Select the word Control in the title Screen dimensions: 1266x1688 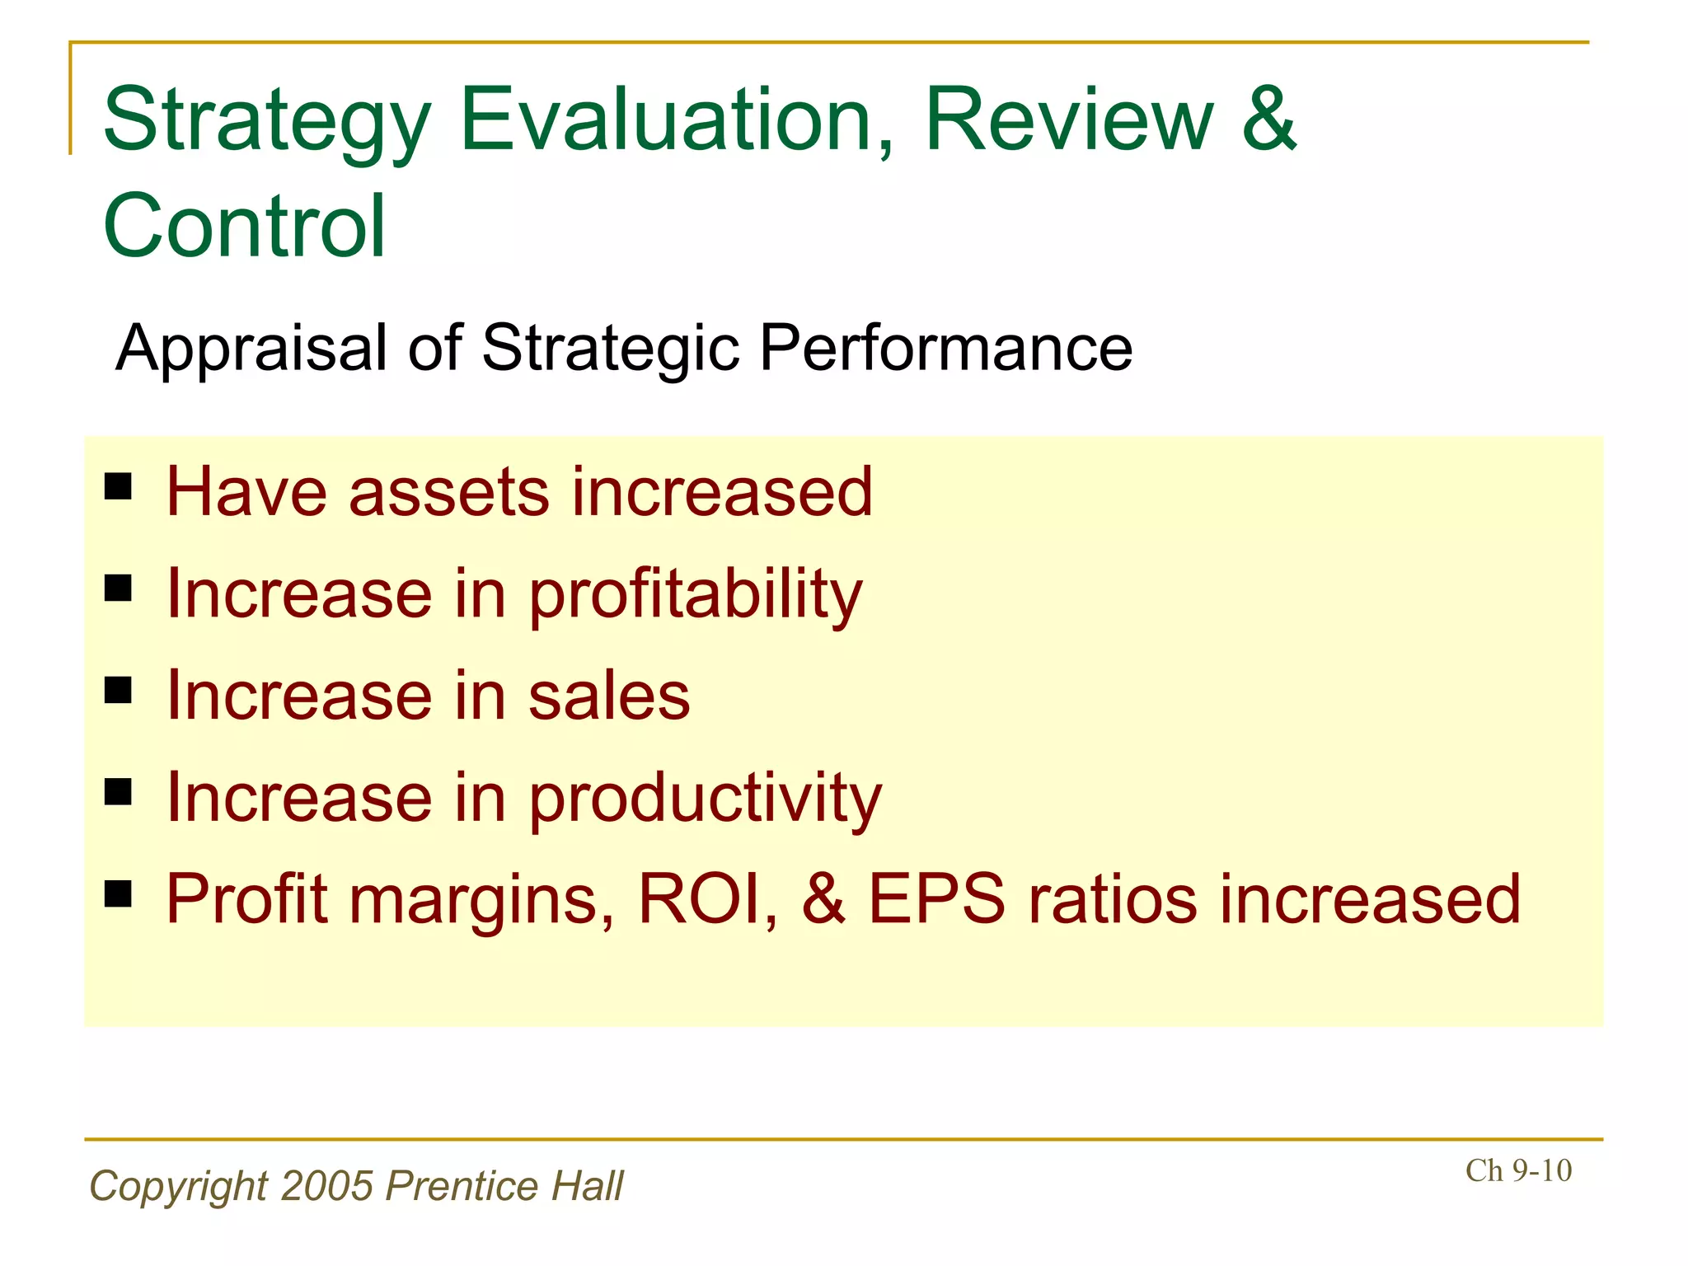(244, 226)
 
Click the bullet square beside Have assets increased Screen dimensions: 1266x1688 (119, 487)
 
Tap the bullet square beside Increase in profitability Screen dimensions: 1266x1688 (119, 588)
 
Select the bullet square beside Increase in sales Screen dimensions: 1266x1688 (119, 690)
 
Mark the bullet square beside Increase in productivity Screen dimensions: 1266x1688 (119, 792)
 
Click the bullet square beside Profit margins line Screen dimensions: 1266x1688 (119, 893)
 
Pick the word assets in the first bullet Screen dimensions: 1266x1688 (448, 493)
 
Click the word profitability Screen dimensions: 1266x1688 (695, 595)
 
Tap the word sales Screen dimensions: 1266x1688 (608, 696)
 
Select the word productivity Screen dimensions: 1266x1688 (705, 799)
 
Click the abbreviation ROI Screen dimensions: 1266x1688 (707, 899)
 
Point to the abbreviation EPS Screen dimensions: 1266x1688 (936, 899)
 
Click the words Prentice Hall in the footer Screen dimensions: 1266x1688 (504, 1186)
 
